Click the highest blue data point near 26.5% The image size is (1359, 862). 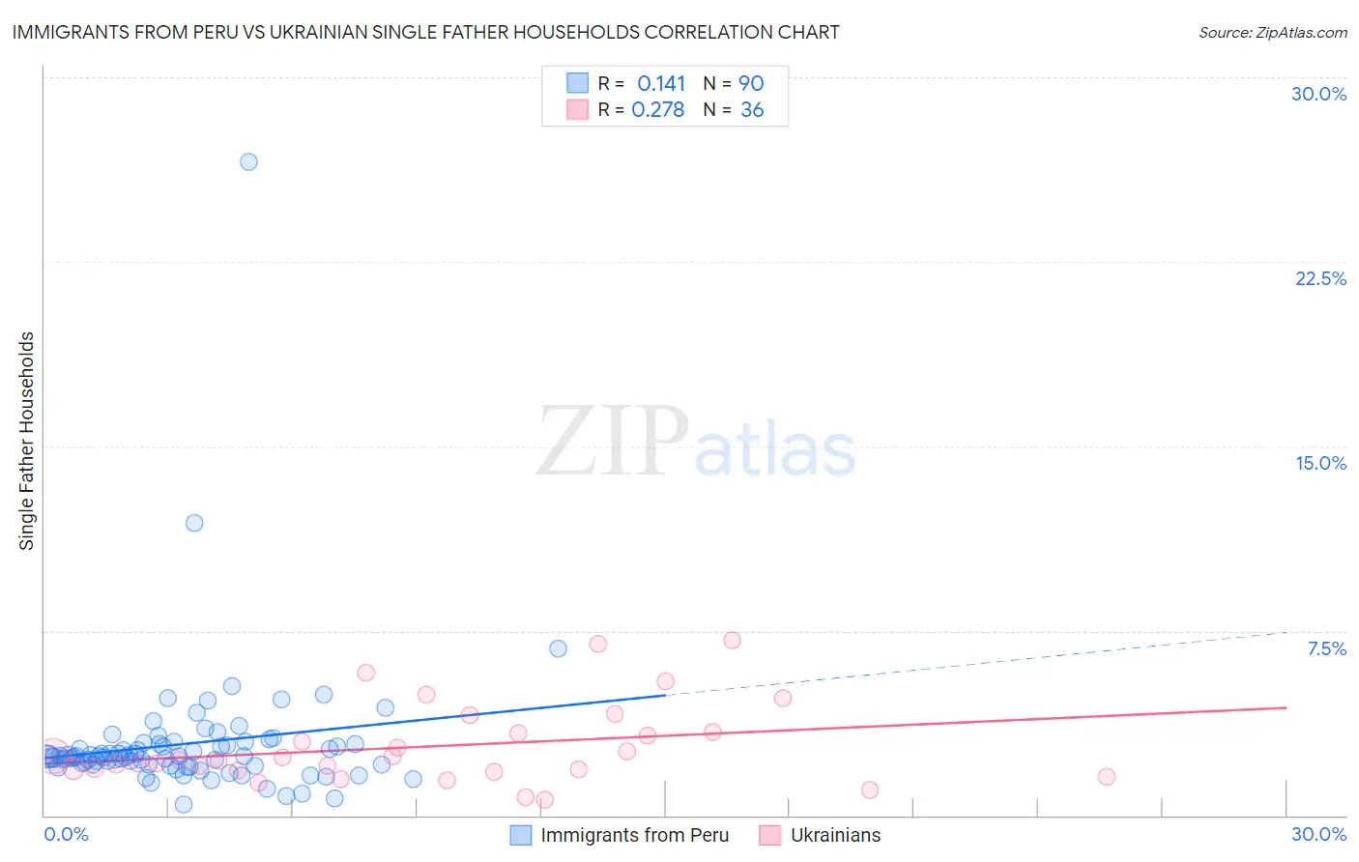[248, 161]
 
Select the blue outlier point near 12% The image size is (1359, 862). [194, 523]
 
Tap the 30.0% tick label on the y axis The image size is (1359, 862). [1318, 94]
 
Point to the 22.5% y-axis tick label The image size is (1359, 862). [1320, 278]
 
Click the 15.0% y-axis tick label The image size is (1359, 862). [1320, 463]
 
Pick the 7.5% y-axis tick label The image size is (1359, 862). [1326, 648]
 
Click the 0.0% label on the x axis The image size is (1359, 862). [66, 834]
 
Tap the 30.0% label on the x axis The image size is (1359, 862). [1318, 834]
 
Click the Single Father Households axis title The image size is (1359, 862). [27, 441]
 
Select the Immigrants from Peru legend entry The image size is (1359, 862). [634, 835]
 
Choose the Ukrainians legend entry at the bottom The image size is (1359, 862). [835, 835]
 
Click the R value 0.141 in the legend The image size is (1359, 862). [661, 83]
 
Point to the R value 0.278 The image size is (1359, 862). [658, 110]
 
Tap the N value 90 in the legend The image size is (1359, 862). [751, 83]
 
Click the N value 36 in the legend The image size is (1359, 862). [752, 110]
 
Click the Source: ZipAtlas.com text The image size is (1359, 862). [1272, 32]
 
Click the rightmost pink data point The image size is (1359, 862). [1107, 776]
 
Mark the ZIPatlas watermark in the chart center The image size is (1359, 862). [696, 443]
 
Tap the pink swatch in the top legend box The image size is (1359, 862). [577, 110]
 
